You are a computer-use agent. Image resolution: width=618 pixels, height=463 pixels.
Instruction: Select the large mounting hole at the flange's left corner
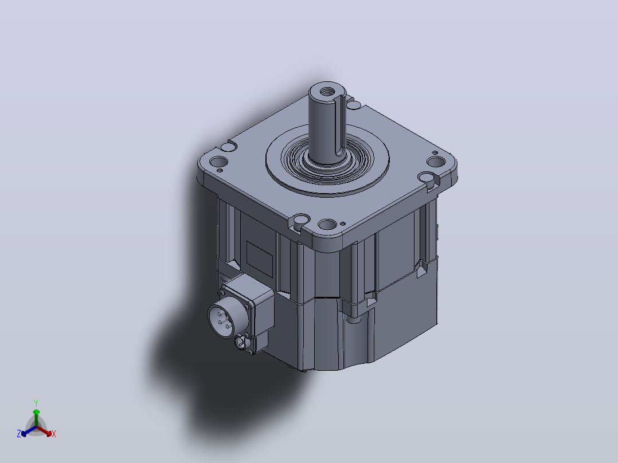pyautogui.click(x=219, y=162)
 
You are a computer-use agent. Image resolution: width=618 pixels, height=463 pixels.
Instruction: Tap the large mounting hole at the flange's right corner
pyautogui.click(x=436, y=162)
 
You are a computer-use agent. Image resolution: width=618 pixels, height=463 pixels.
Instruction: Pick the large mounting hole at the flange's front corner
pyautogui.click(x=327, y=225)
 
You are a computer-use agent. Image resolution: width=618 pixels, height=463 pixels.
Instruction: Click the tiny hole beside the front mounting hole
pyautogui.click(x=343, y=224)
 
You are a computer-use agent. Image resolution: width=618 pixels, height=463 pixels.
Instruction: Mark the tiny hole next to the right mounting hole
pyautogui.click(x=435, y=152)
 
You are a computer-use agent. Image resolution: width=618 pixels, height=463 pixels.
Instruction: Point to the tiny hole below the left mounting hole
pyautogui.click(x=220, y=171)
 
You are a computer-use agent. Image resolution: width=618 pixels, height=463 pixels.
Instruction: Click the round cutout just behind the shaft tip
pyautogui.click(x=354, y=105)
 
